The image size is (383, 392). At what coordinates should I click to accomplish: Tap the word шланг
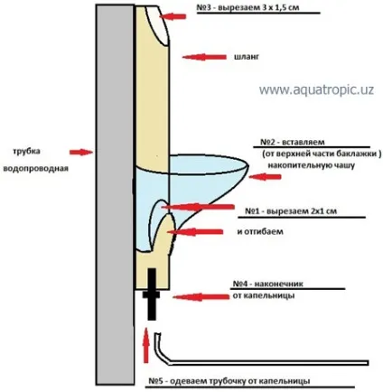[x=247, y=57]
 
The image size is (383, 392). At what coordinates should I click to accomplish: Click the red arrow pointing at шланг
[x=204, y=57]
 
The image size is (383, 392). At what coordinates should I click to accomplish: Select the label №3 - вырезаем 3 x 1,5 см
[x=248, y=7]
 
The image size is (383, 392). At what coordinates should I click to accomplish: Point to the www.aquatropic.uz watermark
[x=316, y=89]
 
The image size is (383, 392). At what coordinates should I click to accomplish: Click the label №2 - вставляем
[x=292, y=142]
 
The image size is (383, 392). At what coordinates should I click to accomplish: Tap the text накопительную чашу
[x=312, y=165]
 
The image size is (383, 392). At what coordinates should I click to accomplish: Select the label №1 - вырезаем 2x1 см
[x=291, y=210]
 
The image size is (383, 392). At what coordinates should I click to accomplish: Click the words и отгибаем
[x=260, y=232]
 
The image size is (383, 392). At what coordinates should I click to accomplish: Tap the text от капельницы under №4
[x=264, y=295]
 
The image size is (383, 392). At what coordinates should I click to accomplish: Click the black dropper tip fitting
[x=152, y=294]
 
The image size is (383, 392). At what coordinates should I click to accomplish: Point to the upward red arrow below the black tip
[x=146, y=345]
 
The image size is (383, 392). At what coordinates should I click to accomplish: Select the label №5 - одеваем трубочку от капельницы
[x=229, y=381]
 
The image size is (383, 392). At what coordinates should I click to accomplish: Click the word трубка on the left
[x=26, y=151]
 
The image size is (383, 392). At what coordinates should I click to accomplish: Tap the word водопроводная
[x=35, y=168]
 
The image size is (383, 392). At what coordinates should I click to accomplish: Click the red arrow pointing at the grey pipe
[x=81, y=152]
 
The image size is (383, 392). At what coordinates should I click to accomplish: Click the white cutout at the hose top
[x=156, y=25]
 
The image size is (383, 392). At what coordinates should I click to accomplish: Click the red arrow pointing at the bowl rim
[x=265, y=177]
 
